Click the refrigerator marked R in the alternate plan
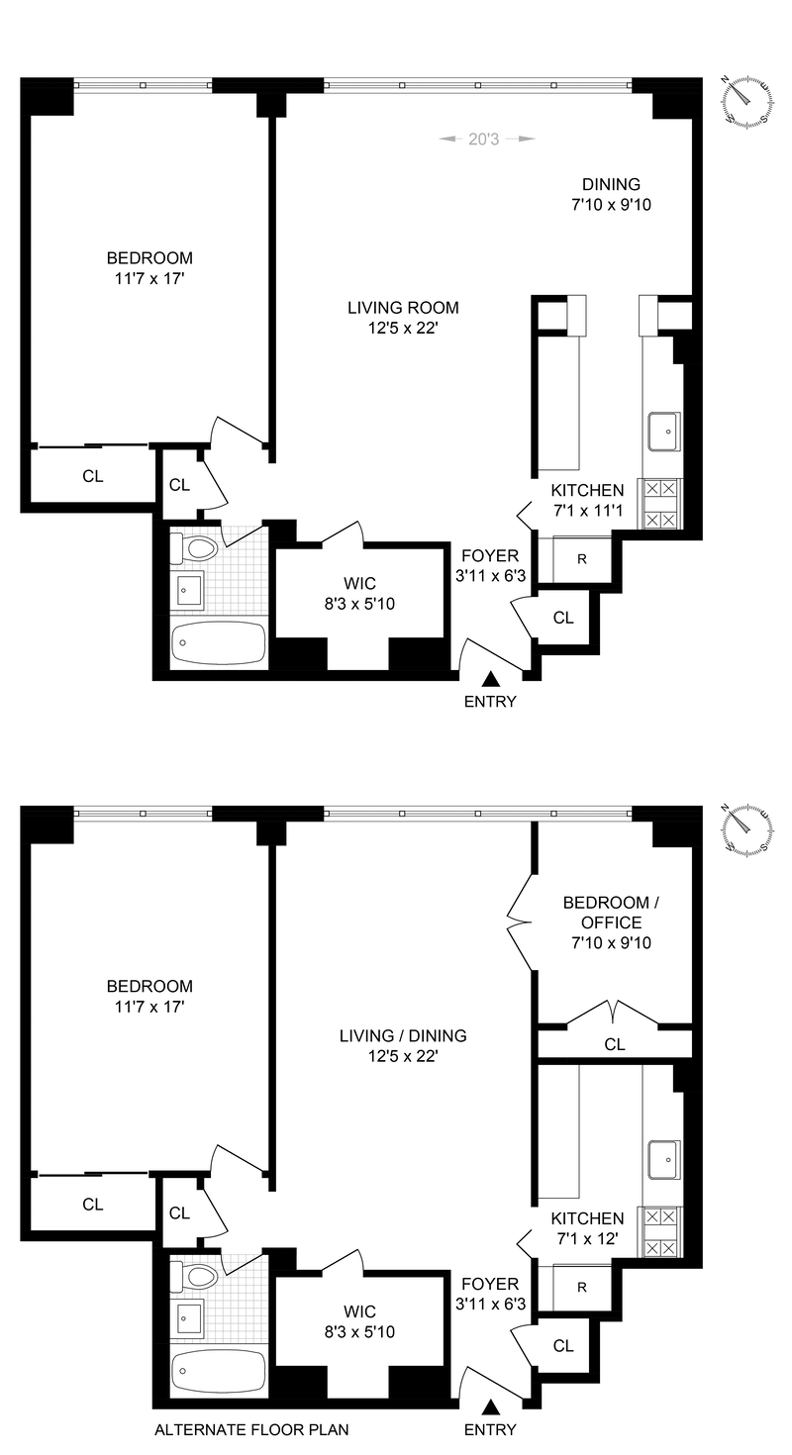(582, 1289)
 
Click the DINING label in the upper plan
(611, 184)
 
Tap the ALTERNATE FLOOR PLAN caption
(251, 1429)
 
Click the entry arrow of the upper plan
(490, 679)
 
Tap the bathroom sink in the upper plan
(187, 592)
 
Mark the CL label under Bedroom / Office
(615, 1044)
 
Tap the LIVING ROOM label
(403, 308)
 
